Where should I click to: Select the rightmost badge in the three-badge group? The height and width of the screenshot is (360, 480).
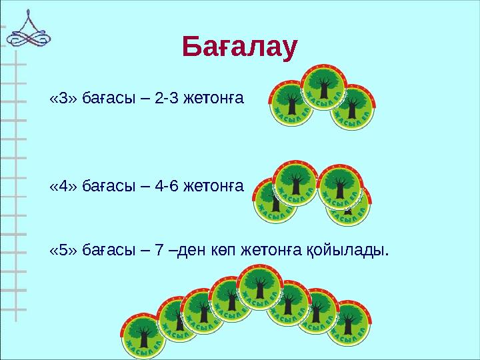point(353,108)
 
